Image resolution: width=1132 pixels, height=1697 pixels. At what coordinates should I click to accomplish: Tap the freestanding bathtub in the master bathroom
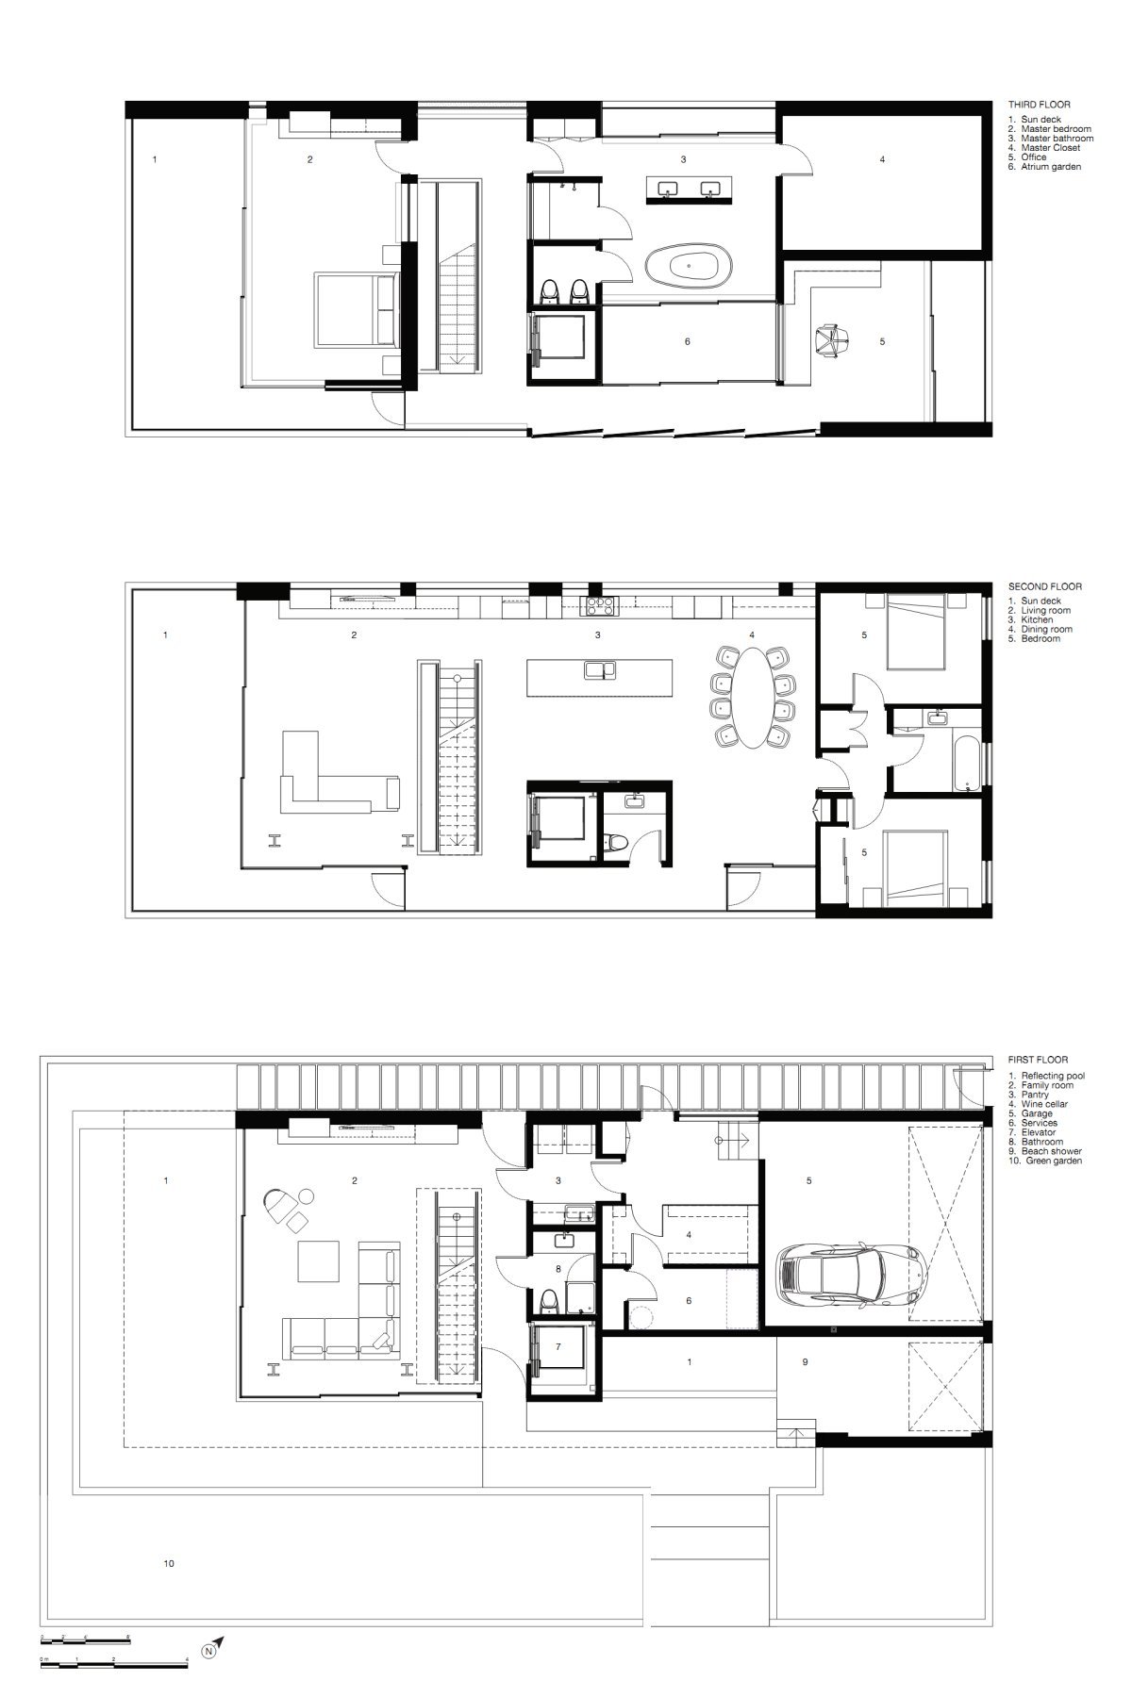[694, 268]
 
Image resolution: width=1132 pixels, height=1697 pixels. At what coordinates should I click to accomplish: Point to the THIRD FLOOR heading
[1040, 105]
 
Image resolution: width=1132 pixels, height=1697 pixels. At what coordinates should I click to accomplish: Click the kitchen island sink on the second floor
[600, 670]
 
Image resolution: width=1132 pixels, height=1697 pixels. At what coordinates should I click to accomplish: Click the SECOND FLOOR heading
[1043, 586]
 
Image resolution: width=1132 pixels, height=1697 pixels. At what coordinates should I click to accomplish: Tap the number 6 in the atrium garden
[687, 341]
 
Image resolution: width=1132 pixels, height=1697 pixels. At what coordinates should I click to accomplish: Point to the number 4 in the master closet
[882, 160]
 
